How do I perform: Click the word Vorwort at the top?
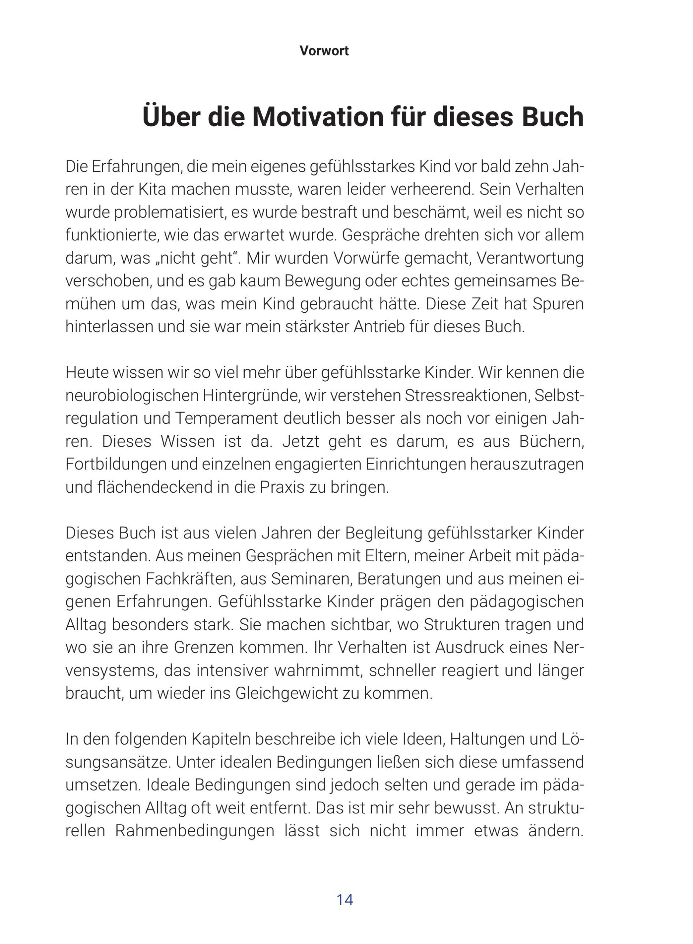324,51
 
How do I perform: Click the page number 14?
345,899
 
